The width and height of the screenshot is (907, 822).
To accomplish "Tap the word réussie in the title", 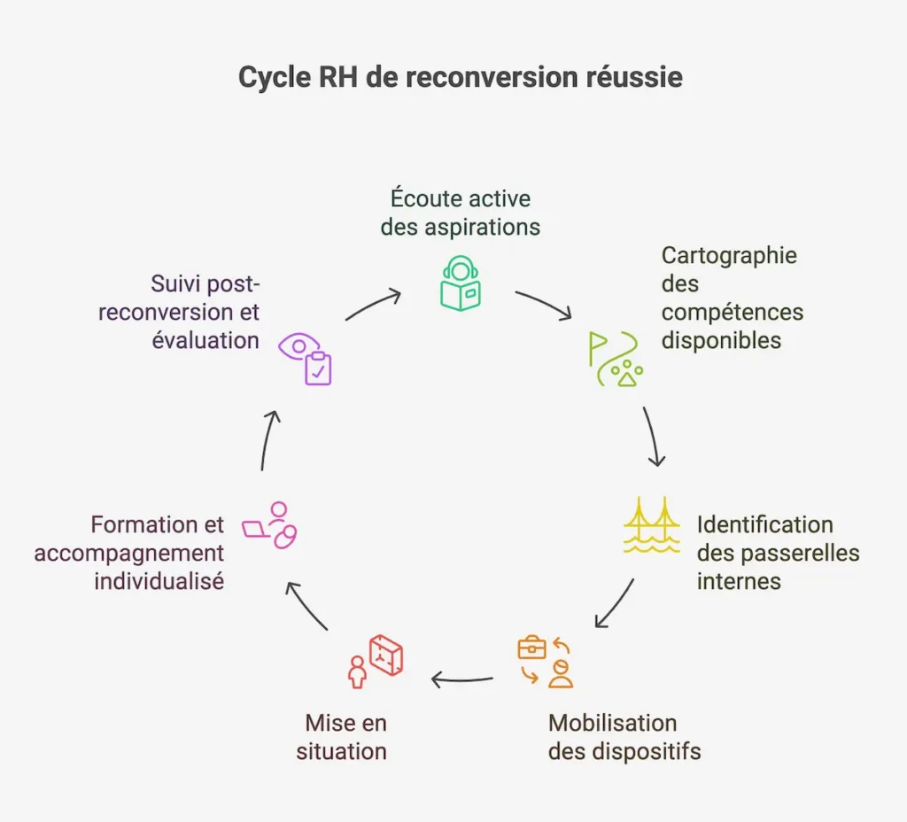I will tap(634, 78).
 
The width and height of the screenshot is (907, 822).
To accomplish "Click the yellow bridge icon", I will tap(651, 525).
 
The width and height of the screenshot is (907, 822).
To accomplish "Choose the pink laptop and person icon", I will tap(271, 525).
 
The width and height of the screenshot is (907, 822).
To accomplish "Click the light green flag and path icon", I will tap(615, 359).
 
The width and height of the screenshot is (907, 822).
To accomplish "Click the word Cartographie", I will tap(729, 255).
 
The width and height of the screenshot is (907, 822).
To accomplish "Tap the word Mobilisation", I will tap(612, 723).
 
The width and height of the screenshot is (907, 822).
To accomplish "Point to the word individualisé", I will tap(159, 582).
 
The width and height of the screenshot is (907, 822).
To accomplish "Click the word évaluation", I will tap(205, 340).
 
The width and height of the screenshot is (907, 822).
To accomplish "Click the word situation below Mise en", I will tap(341, 751).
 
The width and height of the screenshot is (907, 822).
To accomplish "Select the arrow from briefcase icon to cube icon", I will tap(462, 680).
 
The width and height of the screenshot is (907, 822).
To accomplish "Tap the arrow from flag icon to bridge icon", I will tap(653, 436).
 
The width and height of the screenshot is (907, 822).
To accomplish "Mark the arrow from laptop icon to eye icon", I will tap(270, 440).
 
